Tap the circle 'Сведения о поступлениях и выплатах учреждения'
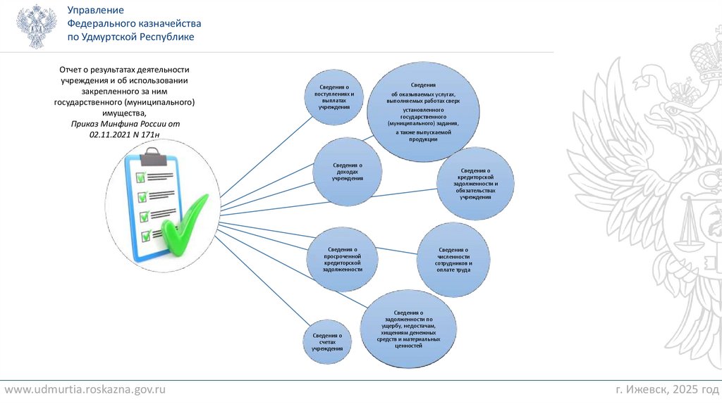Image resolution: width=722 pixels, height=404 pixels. click(x=334, y=96)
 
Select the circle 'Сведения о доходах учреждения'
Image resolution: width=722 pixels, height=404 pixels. click(x=348, y=172)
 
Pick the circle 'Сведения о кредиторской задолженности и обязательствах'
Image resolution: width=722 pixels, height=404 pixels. click(x=475, y=183)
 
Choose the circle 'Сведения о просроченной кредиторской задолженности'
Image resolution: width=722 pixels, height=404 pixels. click(x=343, y=259)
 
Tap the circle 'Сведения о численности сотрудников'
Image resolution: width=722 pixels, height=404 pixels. click(x=453, y=260)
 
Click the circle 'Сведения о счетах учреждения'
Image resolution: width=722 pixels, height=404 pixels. click(x=327, y=343)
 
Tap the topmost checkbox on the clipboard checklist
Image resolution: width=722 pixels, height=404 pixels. click(x=141, y=176)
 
